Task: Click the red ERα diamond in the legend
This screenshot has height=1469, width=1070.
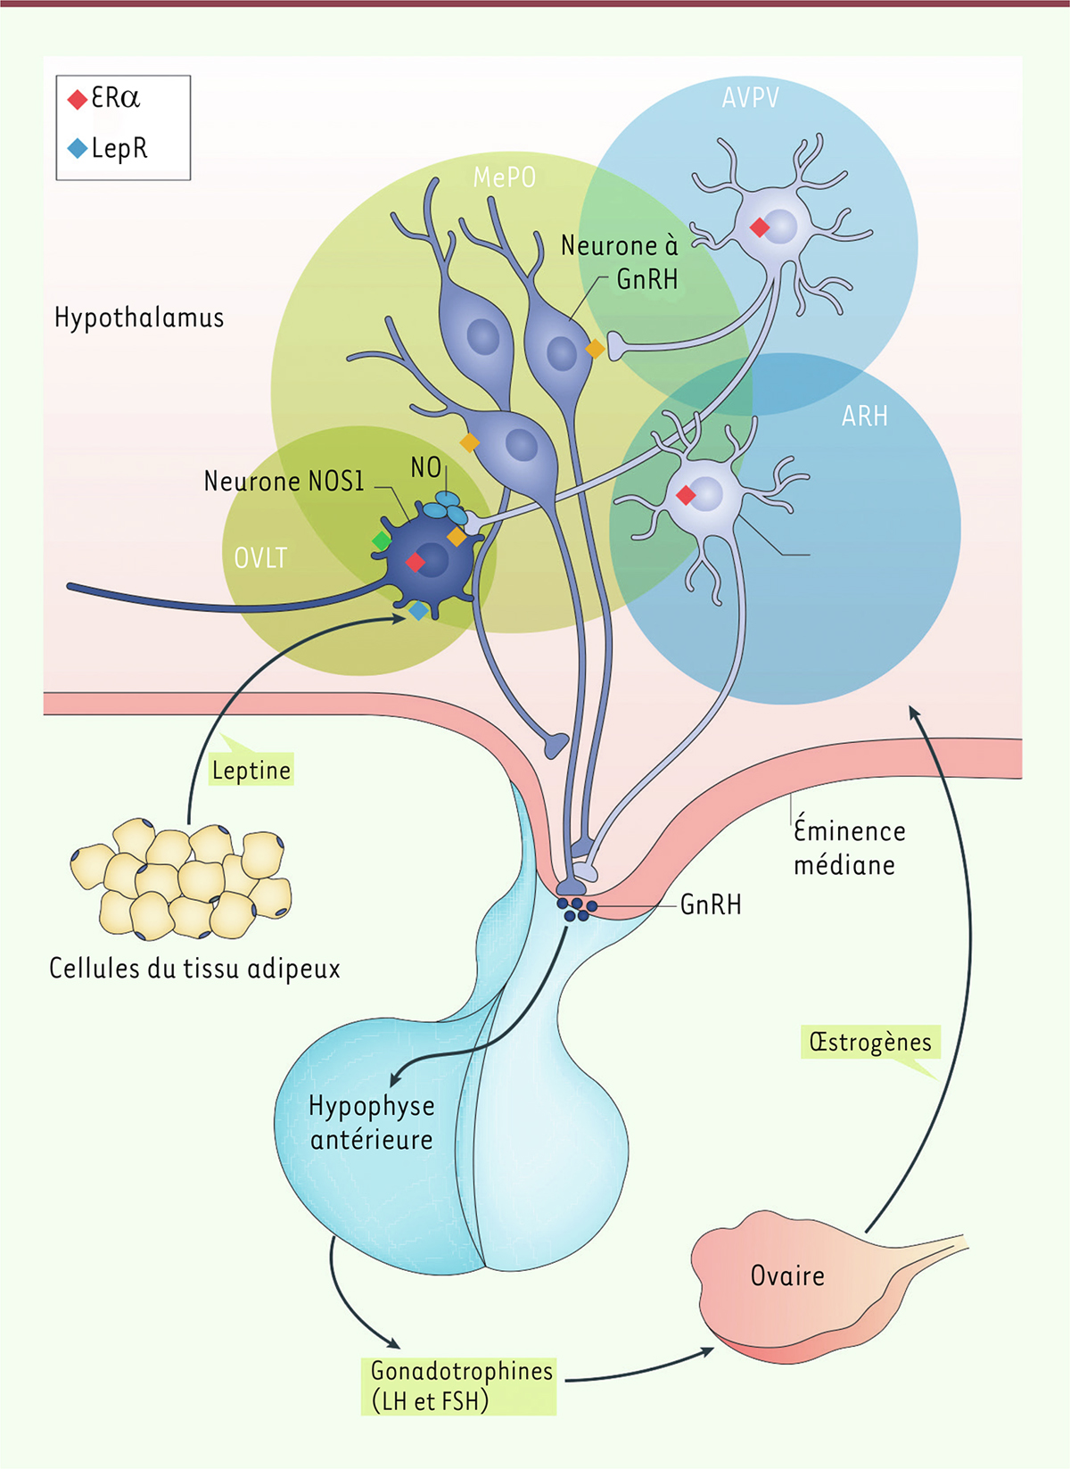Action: pyautogui.click(x=78, y=99)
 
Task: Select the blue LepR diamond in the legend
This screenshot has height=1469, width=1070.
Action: pyautogui.click(x=78, y=148)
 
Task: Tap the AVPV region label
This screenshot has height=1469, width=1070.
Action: pyautogui.click(x=751, y=97)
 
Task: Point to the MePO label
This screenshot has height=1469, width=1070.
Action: pyautogui.click(x=505, y=177)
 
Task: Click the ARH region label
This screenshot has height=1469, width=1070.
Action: pyautogui.click(x=865, y=416)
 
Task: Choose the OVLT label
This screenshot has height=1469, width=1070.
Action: pyautogui.click(x=260, y=558)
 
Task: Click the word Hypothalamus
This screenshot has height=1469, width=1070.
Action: pyautogui.click(x=139, y=318)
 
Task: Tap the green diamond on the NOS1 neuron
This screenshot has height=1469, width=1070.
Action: pyautogui.click(x=382, y=541)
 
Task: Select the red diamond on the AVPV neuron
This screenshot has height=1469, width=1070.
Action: pyautogui.click(x=760, y=228)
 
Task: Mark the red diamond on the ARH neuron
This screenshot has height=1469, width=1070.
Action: pyautogui.click(x=686, y=495)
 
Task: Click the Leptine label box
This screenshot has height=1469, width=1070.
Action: pyautogui.click(x=251, y=770)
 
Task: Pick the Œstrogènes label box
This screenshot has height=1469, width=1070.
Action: pyautogui.click(x=870, y=1042)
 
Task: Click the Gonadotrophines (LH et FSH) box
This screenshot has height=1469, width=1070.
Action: pyautogui.click(x=461, y=1385)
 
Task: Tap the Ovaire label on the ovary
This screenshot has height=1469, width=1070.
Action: pyautogui.click(x=787, y=1275)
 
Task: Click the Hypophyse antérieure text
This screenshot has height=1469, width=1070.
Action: pyautogui.click(x=372, y=1122)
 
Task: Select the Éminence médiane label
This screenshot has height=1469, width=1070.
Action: pyautogui.click(x=848, y=847)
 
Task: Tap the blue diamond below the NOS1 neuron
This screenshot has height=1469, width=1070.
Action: pyautogui.click(x=418, y=611)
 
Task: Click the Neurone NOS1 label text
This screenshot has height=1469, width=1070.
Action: pyautogui.click(x=284, y=482)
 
